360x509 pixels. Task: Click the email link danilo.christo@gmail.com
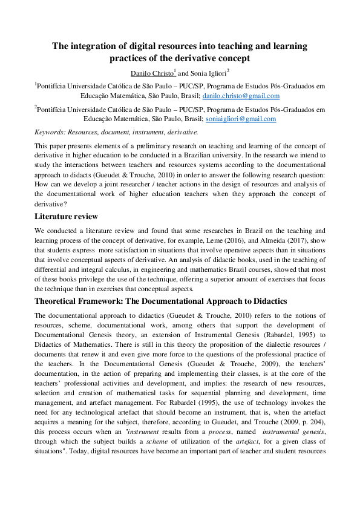point(241,96)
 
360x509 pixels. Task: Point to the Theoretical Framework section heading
point(160,301)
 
